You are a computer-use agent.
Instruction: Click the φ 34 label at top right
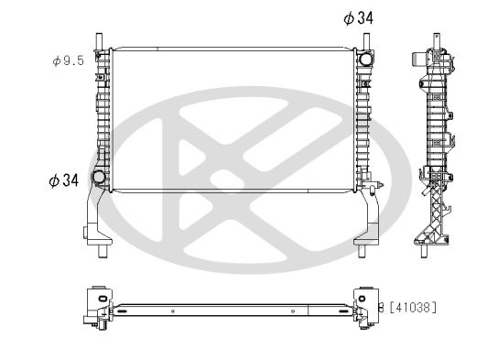click(358, 17)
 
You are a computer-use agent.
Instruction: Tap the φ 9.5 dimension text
click(69, 60)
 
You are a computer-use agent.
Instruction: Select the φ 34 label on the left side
click(62, 180)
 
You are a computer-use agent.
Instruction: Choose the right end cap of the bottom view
click(364, 305)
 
